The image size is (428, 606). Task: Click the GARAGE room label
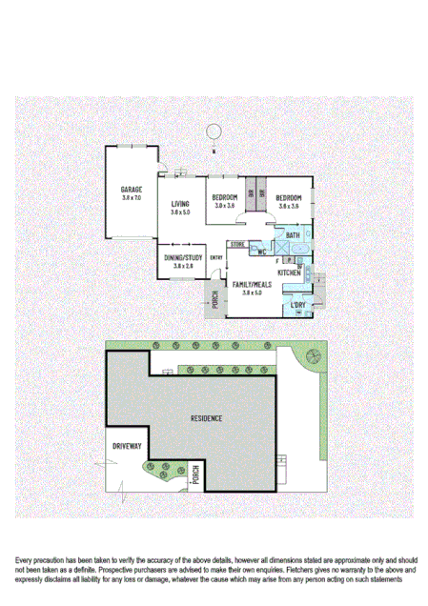pyautogui.click(x=132, y=189)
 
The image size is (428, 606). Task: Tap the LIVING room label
pyautogui.click(x=181, y=204)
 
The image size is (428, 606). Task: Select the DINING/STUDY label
pyautogui.click(x=183, y=257)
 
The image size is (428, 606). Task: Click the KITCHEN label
pyautogui.click(x=290, y=273)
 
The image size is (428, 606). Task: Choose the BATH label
pyautogui.click(x=293, y=235)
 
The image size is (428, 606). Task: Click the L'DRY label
pyautogui.click(x=299, y=306)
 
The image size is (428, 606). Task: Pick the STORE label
pyautogui.click(x=238, y=245)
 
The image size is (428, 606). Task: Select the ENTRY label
pyautogui.click(x=216, y=257)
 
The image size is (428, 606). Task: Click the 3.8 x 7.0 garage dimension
pyautogui.click(x=132, y=197)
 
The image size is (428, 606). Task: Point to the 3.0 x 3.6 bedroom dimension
pyautogui.click(x=225, y=206)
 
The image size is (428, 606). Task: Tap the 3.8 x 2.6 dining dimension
pyautogui.click(x=183, y=266)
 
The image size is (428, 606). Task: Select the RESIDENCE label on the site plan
pyautogui.click(x=206, y=418)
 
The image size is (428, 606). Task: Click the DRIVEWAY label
pyautogui.click(x=127, y=446)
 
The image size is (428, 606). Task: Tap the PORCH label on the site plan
pyautogui.click(x=196, y=474)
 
